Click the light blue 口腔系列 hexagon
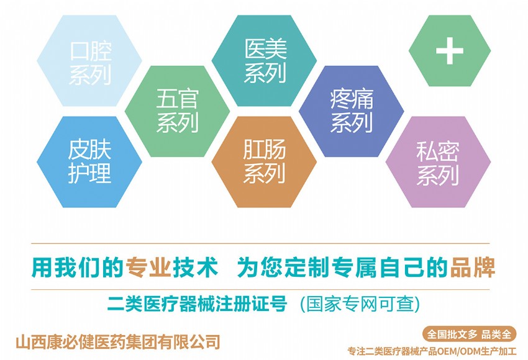tap(89, 61)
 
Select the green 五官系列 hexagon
tap(177, 111)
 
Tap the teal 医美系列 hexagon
tap(264, 61)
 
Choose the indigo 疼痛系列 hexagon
tap(351, 111)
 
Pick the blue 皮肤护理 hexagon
tap(89, 162)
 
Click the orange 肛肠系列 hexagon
tap(264, 162)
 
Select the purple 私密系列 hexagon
tap(438, 162)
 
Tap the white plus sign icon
tap(450, 51)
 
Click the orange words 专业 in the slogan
tap(148, 268)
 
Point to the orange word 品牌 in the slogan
tap(473, 268)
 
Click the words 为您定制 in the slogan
tap(283, 268)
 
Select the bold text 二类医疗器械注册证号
tap(198, 304)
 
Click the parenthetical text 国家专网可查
tap(360, 304)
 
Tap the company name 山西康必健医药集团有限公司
tap(118, 341)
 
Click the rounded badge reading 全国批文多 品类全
tap(469, 334)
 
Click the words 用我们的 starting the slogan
tap(77, 268)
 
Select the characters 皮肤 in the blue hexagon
tap(89, 150)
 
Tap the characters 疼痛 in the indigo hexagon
tap(352, 99)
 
